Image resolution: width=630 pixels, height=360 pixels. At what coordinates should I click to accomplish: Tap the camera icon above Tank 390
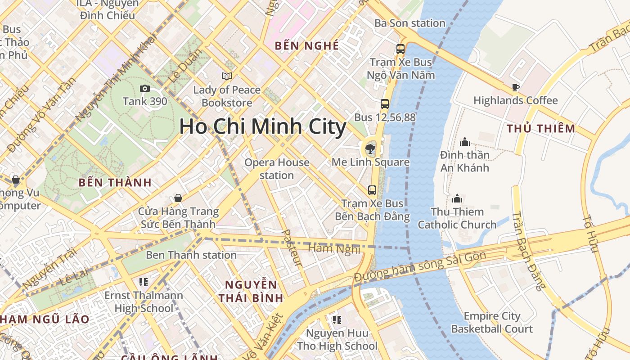point(144,88)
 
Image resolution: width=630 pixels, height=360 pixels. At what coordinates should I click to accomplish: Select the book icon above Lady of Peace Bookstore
point(227,76)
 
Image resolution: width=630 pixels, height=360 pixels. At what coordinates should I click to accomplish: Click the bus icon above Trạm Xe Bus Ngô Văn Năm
point(400,49)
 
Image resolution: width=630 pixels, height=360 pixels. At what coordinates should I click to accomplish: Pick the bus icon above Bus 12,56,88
point(385,104)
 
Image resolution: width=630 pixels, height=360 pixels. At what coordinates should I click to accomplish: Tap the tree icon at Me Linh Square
point(370,148)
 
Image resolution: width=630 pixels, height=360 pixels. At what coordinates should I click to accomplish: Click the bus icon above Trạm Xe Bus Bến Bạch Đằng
point(372,190)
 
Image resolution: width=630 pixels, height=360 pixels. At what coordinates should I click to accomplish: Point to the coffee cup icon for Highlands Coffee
point(516,87)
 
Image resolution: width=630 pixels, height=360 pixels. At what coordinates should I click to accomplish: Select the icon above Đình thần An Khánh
point(465,142)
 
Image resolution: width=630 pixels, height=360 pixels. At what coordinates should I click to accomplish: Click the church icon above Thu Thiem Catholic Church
point(457,198)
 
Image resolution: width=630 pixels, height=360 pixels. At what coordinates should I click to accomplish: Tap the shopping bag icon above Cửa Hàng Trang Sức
point(178,198)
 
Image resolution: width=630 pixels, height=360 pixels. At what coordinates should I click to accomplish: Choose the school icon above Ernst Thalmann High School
point(144,282)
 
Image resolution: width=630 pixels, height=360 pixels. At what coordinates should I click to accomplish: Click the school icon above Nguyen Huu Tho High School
point(337,320)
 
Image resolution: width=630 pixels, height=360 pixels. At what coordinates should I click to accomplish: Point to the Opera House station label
point(277,169)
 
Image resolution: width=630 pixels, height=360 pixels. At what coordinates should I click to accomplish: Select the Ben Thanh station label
point(191,255)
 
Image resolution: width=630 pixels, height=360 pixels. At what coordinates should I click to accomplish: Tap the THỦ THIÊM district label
point(541,129)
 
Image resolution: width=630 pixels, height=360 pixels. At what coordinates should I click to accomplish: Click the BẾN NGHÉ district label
point(306,46)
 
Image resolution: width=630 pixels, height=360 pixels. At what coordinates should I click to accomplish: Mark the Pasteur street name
point(292,247)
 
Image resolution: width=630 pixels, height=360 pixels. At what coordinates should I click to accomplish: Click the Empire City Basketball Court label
point(492,323)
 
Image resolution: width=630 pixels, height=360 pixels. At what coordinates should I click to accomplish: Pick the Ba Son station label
point(410,23)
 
